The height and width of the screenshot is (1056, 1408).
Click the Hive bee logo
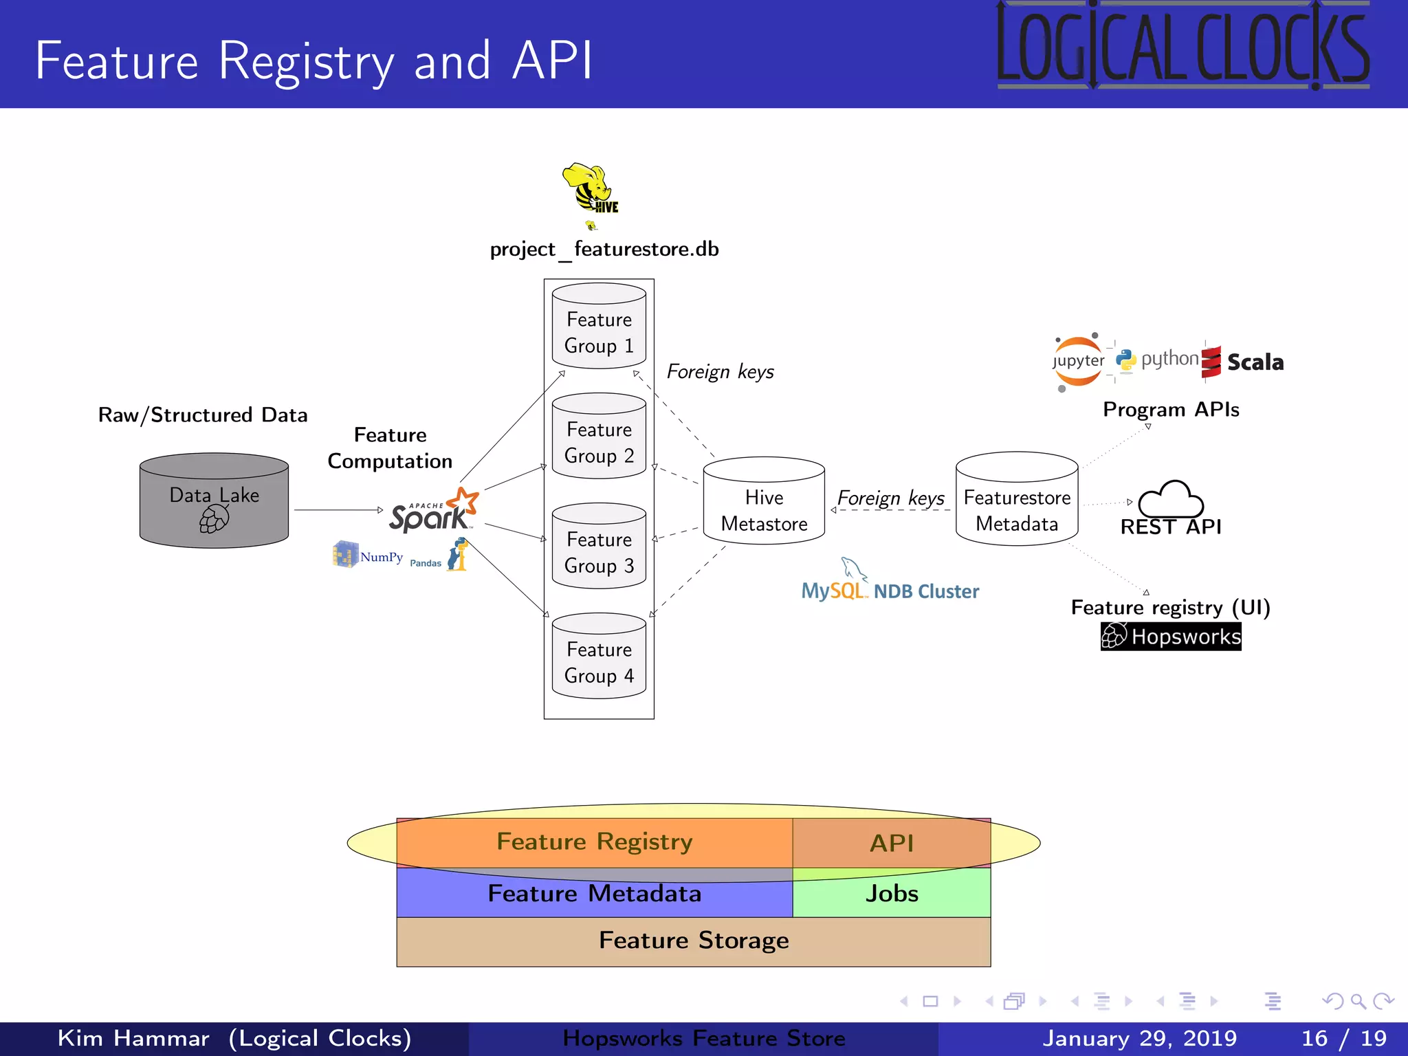(x=590, y=188)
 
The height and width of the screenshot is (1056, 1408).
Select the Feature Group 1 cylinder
(x=599, y=327)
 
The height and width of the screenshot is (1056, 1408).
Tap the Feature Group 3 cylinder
(x=599, y=547)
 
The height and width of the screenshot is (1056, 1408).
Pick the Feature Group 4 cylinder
(x=599, y=657)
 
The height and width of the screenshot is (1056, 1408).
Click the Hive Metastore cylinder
(x=764, y=502)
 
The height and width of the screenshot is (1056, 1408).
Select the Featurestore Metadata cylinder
(x=1017, y=500)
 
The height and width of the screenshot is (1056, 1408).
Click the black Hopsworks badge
(x=1171, y=637)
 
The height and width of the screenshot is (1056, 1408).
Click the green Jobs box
(x=892, y=893)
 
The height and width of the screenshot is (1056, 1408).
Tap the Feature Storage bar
(x=693, y=940)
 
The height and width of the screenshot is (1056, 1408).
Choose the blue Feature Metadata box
(x=594, y=894)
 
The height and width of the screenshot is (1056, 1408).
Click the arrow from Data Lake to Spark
(x=337, y=510)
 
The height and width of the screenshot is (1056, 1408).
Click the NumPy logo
(x=367, y=555)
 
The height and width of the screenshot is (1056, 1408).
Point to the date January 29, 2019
(x=1139, y=1038)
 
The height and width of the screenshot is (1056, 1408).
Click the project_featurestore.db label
(x=604, y=249)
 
